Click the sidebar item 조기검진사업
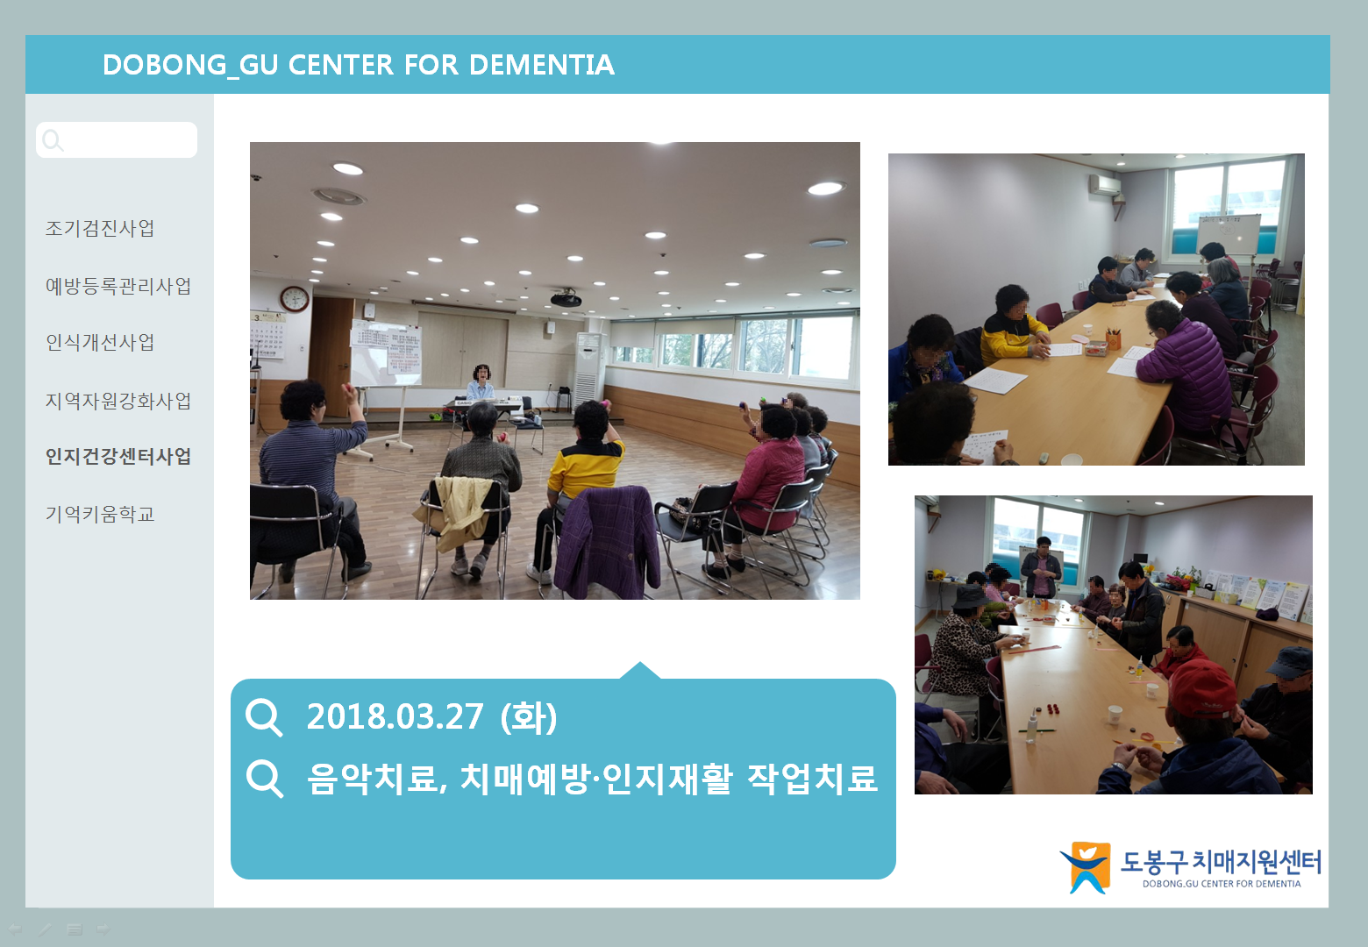point(100,228)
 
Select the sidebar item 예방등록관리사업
point(118,286)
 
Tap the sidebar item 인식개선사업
point(100,343)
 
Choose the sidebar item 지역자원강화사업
point(118,401)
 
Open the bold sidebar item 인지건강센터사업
point(118,456)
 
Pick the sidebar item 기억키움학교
point(100,514)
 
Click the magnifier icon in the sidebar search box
point(53,140)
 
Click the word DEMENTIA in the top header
point(542,65)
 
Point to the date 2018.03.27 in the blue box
point(395,716)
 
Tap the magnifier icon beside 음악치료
point(265,779)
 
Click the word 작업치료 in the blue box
point(812,779)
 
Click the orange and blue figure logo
point(1086,867)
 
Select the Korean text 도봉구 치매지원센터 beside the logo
point(1221,862)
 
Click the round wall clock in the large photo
point(295,299)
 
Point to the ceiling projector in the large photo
point(566,299)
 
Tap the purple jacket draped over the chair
point(609,542)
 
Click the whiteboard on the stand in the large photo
point(386,353)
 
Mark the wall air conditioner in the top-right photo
point(1106,185)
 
